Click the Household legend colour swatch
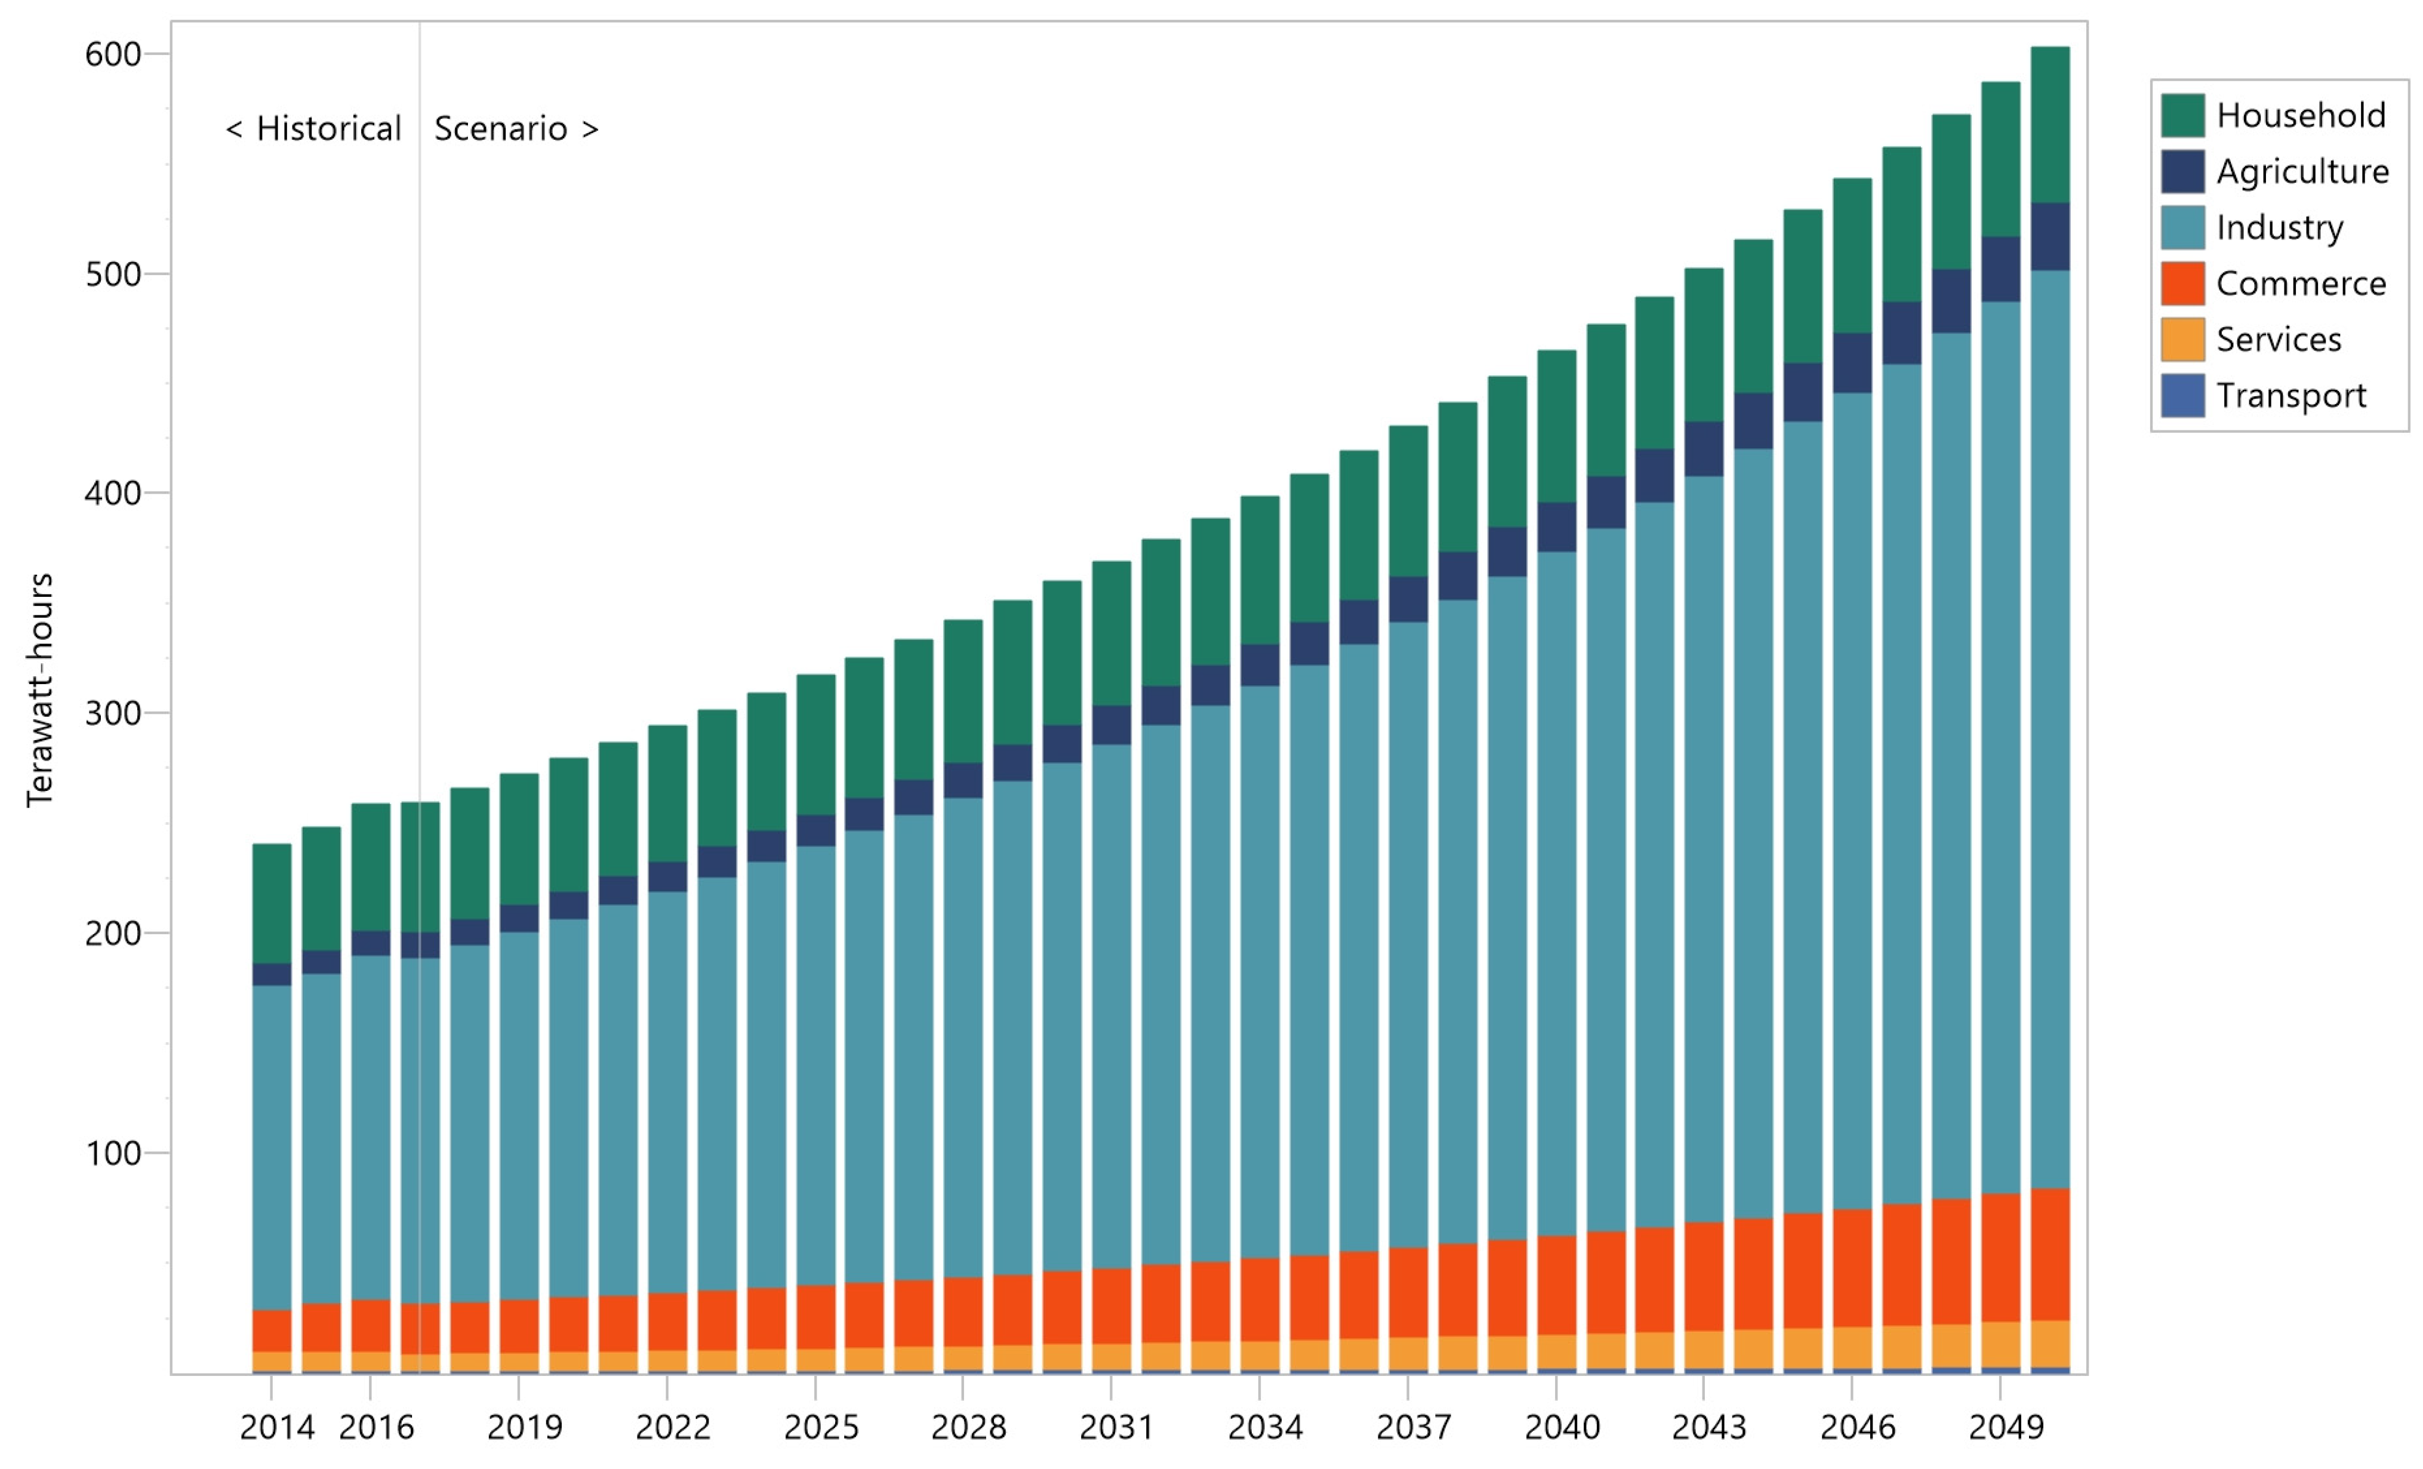pos(2182,116)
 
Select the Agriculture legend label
pos(2302,172)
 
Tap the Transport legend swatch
pos(2182,395)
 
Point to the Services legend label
pos(2279,340)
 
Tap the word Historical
pos(328,129)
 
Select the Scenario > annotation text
pos(516,129)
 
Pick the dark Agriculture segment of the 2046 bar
pos(1853,363)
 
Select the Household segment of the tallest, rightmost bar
pos(2051,125)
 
